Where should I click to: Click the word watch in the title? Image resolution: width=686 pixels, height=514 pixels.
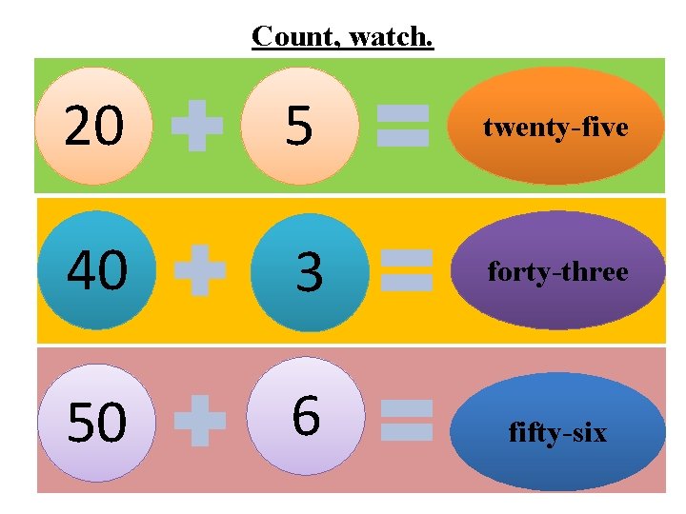(x=391, y=36)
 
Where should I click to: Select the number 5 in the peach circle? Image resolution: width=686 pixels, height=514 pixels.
(x=299, y=127)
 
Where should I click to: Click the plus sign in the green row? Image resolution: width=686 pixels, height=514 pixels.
(x=197, y=127)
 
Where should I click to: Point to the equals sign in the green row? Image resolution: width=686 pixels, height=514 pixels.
(x=403, y=127)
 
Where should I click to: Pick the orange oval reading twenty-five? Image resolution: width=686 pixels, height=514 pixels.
(x=556, y=125)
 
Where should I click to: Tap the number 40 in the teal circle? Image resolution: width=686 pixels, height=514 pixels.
(x=96, y=271)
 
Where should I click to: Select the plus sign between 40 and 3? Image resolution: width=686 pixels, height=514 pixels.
(x=200, y=271)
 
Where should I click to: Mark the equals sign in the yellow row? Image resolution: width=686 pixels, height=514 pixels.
(x=406, y=270)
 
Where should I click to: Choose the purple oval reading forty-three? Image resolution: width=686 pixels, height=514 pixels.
(x=557, y=270)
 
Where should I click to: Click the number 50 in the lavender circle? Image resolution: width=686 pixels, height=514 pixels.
(x=96, y=423)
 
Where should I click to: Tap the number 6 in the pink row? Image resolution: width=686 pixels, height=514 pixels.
(x=305, y=416)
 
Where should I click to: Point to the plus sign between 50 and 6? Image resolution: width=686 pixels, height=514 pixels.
(x=200, y=422)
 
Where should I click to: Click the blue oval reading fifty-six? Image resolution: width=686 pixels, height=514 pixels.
(x=557, y=431)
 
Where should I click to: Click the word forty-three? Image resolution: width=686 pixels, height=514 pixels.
(x=557, y=272)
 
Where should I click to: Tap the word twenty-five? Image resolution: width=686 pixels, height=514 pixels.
(x=556, y=128)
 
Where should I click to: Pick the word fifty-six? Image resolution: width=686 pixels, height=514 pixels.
(x=557, y=433)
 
